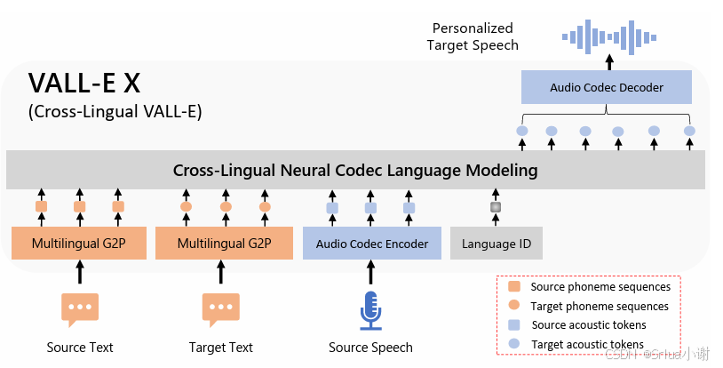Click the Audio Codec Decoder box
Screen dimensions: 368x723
tap(607, 87)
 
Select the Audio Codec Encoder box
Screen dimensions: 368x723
tap(371, 244)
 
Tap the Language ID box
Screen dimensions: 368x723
tap(496, 244)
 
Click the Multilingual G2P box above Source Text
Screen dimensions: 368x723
tap(79, 244)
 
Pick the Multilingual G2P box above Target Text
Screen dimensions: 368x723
tap(224, 244)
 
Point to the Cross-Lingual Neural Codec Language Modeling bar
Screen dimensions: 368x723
tap(355, 170)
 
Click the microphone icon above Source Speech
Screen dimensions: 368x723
tap(370, 309)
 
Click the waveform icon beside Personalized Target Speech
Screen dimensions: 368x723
tap(608, 36)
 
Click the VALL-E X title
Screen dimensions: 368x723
tap(84, 84)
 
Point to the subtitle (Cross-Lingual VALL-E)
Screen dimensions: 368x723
tap(115, 112)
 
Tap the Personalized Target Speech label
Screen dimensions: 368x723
tap(473, 36)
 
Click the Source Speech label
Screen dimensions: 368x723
tap(370, 348)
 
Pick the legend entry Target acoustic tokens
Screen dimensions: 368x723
tap(587, 344)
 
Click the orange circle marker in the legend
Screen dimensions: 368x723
tap(513, 306)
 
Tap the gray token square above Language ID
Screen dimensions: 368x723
tap(496, 207)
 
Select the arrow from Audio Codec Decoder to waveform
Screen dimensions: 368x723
tap(608, 61)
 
